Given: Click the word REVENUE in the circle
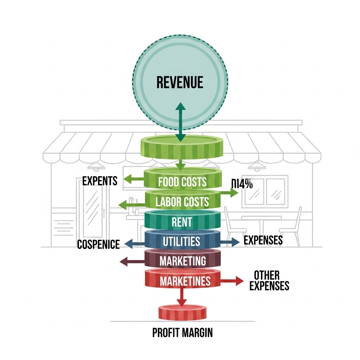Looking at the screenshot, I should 180,82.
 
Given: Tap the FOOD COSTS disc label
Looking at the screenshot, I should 182,181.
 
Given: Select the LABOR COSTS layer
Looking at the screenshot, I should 182,201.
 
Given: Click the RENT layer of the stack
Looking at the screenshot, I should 182,222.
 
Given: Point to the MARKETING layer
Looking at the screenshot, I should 182,261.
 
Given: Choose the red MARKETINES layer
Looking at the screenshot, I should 182,281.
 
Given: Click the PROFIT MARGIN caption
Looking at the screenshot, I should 182,333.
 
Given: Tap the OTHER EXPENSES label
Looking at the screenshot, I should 269,280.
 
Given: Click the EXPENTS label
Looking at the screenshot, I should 100,181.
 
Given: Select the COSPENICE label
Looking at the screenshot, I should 98,244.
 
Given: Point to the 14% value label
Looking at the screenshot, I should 243,184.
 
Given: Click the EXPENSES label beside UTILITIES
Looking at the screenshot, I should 263,240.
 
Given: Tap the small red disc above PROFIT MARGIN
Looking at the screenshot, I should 182,313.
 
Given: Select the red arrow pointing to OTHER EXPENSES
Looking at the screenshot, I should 232,281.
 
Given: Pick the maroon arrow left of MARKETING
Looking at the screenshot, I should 132,261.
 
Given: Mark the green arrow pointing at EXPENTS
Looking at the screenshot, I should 134,180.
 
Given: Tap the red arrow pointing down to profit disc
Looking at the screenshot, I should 181,297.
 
